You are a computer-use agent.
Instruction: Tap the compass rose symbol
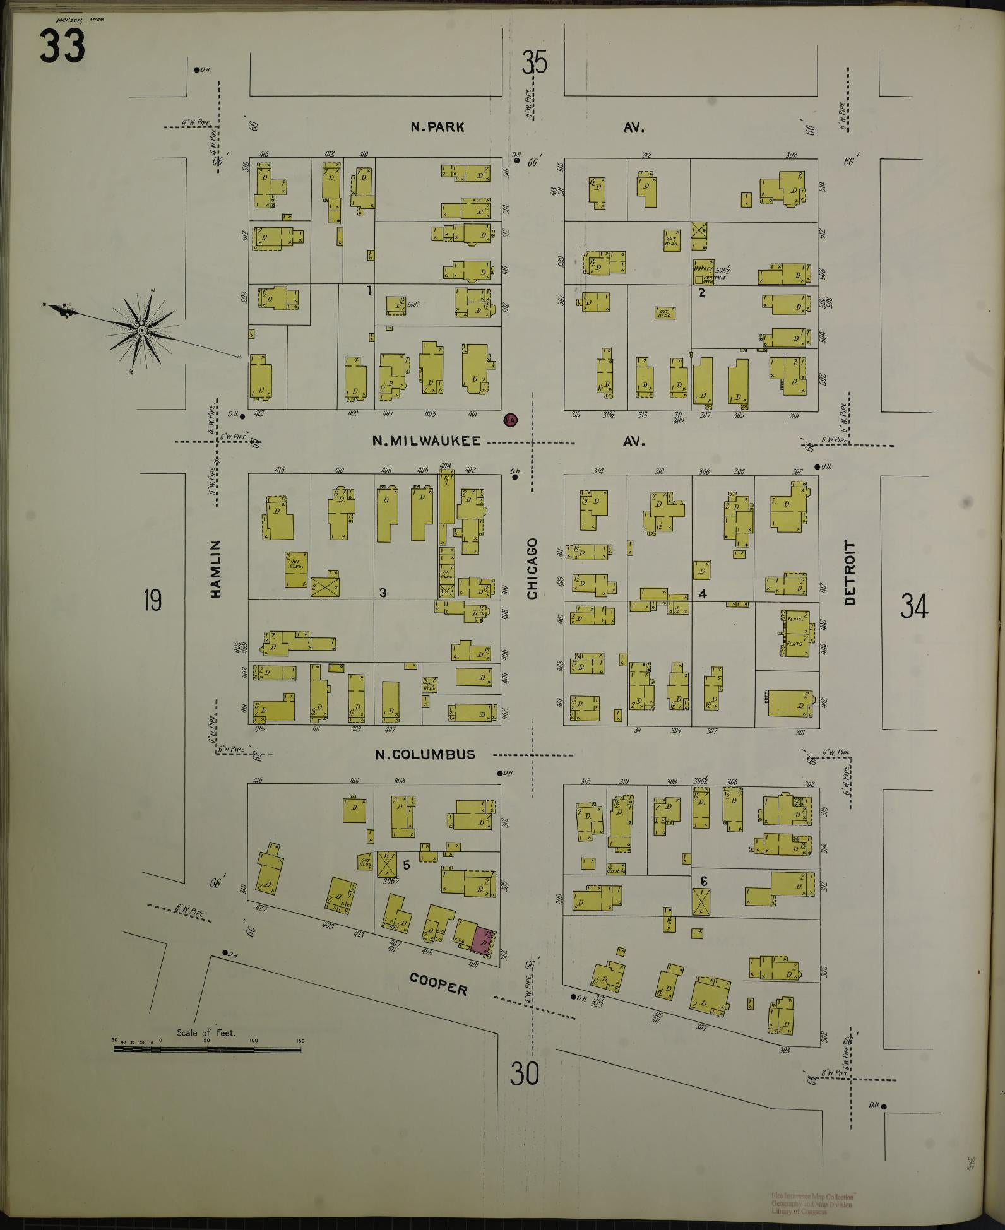(142, 329)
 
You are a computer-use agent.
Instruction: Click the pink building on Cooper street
(484, 938)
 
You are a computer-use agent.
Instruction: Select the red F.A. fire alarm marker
(510, 420)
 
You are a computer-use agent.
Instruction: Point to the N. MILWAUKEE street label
(426, 441)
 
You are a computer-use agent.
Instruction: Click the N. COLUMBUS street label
(425, 754)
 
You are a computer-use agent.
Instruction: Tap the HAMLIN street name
(216, 569)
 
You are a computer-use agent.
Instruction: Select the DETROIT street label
(850, 573)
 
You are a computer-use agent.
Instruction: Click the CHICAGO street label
(532, 569)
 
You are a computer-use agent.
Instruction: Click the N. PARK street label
(437, 127)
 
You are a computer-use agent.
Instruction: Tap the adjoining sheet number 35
(533, 62)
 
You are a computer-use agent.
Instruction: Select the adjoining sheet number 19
(152, 600)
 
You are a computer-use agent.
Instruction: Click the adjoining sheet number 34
(913, 606)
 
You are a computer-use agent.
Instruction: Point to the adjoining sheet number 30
(525, 1073)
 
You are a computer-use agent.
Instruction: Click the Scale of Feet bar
(207, 1049)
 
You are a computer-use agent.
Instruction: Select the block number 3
(383, 593)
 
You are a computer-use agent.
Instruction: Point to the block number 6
(703, 880)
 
